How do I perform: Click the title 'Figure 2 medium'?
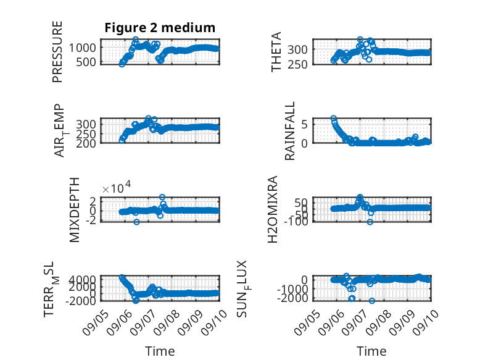(160, 28)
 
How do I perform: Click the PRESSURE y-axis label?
(57, 52)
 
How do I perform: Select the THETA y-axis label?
(276, 52)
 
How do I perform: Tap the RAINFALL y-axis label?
(289, 131)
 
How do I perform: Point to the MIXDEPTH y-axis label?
(75, 210)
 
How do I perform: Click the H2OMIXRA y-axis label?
(273, 209)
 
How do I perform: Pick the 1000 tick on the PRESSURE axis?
(82, 48)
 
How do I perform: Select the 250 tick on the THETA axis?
(297, 64)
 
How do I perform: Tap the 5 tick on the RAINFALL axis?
(304, 124)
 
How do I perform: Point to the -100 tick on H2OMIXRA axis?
(296, 221)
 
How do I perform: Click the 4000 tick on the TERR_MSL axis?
(83, 280)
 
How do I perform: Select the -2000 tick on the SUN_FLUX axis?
(292, 298)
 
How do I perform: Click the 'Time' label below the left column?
(160, 351)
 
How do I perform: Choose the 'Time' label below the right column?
(371, 351)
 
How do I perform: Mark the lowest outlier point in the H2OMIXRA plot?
(370, 222)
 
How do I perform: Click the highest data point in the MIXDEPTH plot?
(162, 198)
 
